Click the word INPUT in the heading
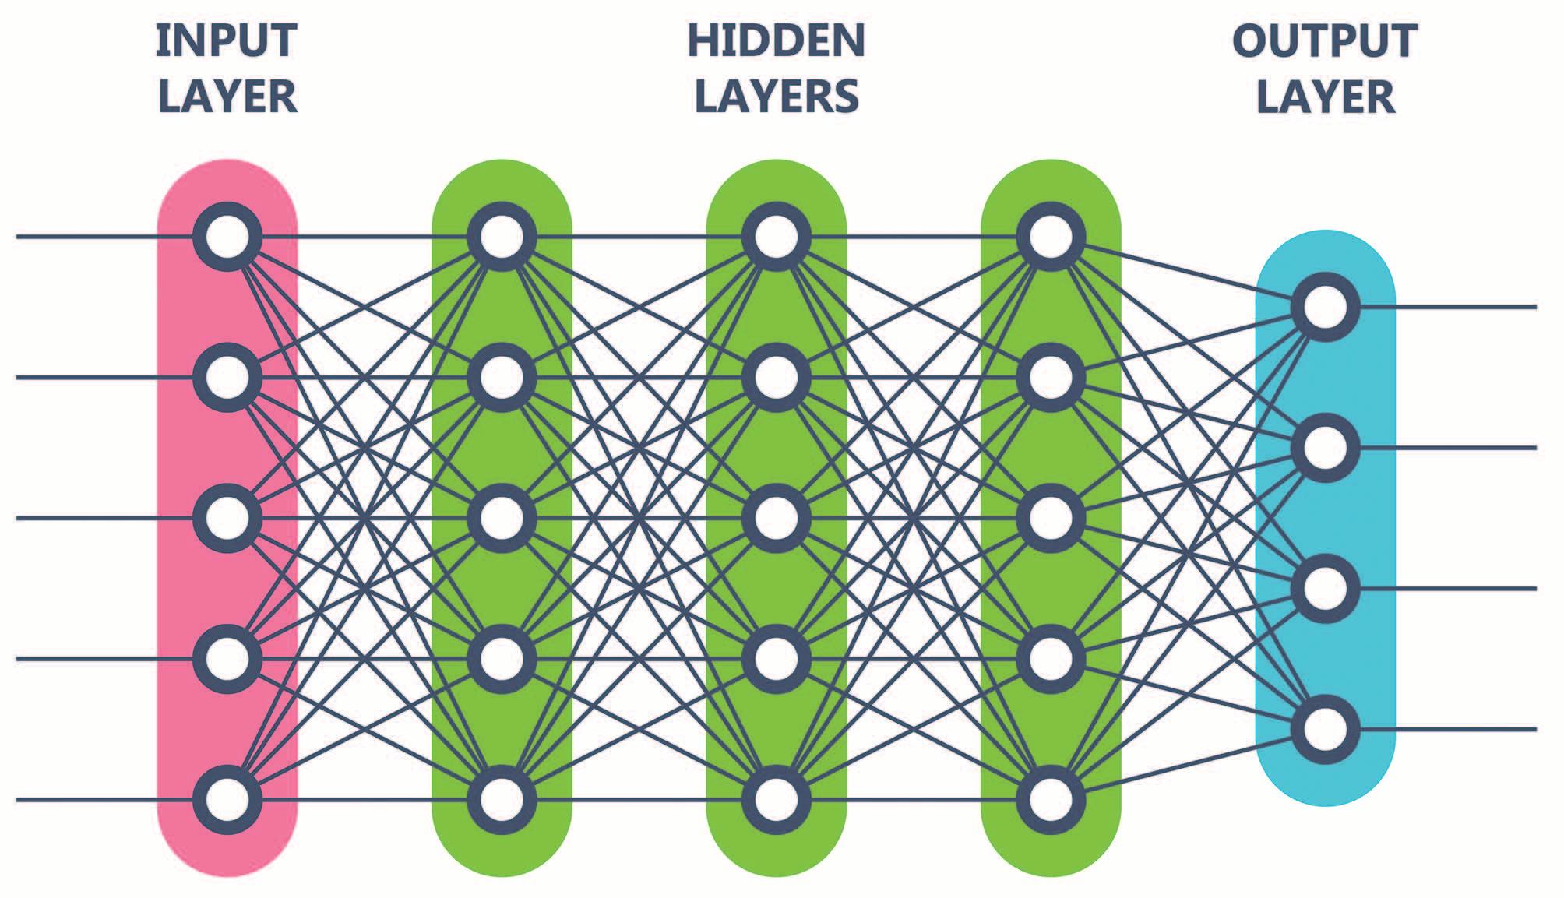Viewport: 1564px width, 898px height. pos(227,40)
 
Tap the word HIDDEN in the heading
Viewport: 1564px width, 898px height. pos(776,40)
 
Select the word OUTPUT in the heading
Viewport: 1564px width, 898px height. pos(1324,40)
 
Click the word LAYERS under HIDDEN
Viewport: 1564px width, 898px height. pos(776,97)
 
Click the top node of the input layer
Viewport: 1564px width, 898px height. pos(227,237)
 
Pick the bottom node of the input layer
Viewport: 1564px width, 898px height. pos(227,800)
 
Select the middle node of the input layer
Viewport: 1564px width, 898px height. pos(227,518)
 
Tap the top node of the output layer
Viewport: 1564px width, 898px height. pos(1325,307)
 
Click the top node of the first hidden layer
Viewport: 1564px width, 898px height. pos(502,237)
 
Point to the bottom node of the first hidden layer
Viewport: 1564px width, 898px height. pos(502,800)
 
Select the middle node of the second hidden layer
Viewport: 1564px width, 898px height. pos(776,518)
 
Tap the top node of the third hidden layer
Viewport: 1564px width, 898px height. pos(1051,237)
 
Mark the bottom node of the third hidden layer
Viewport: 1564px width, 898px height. pos(1051,800)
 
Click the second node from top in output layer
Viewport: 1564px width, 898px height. pos(1325,448)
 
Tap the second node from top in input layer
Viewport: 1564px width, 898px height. pos(227,378)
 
